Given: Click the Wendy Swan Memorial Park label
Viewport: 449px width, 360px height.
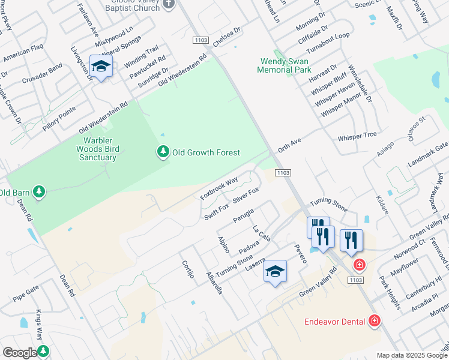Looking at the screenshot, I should [284, 65].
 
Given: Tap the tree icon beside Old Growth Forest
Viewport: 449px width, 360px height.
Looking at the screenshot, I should [163, 152].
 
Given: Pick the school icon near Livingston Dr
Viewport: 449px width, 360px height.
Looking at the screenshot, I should [101, 67].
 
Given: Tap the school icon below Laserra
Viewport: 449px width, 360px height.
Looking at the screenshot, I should [276, 272].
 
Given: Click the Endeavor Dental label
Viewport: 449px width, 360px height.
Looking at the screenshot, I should [334, 322].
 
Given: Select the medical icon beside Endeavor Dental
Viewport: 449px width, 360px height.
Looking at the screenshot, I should [375, 322].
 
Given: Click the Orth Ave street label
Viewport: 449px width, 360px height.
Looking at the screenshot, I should [289, 144].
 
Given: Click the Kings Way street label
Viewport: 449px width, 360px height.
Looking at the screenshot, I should [39, 325].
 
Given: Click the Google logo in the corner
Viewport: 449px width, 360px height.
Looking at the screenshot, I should [20, 353].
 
